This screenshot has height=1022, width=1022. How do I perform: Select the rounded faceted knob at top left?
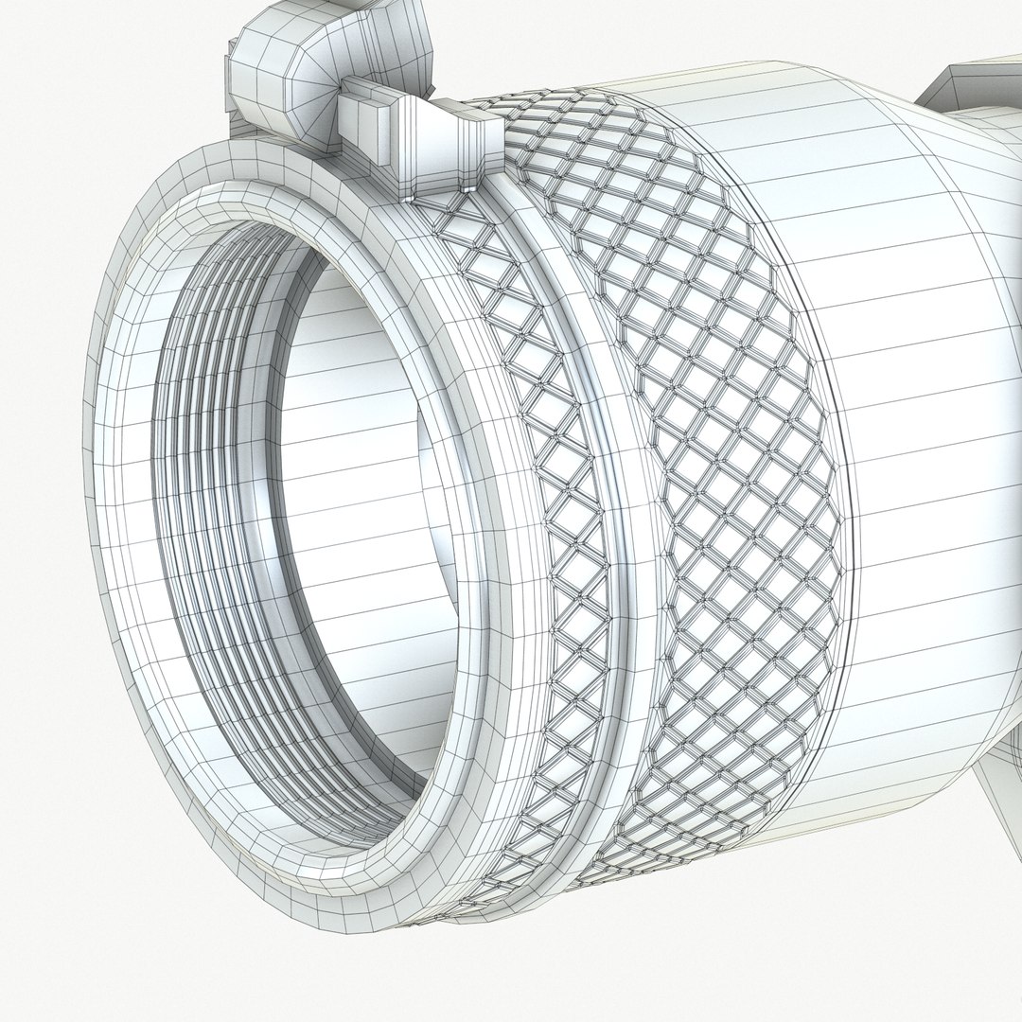pos(284,66)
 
